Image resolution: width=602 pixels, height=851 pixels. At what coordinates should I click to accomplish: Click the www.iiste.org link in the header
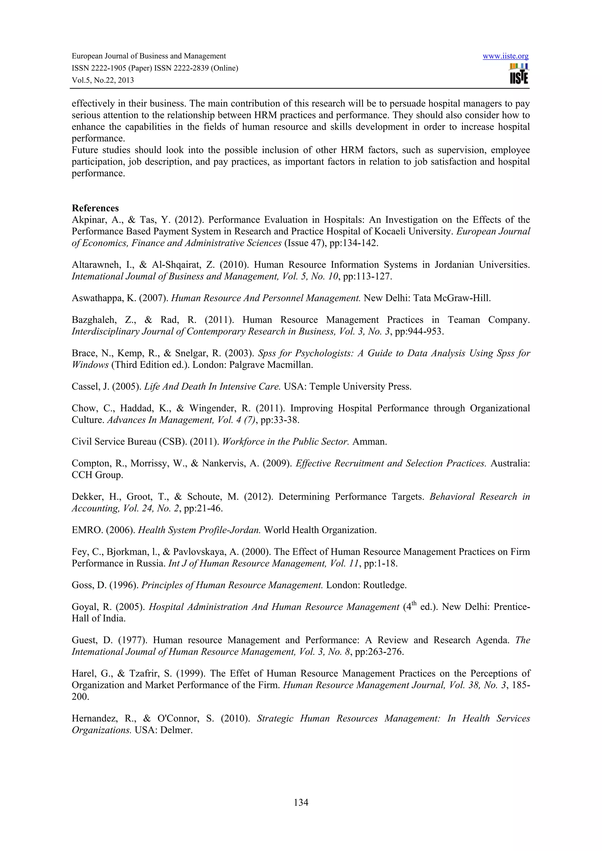coord(505,56)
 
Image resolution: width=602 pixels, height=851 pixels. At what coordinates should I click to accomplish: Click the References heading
coord(95,208)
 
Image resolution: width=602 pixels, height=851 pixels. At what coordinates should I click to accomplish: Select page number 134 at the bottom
coord(301,803)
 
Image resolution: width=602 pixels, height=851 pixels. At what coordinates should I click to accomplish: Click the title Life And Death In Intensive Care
coord(212,387)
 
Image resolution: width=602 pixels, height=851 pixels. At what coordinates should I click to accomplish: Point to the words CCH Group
coord(97,475)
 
